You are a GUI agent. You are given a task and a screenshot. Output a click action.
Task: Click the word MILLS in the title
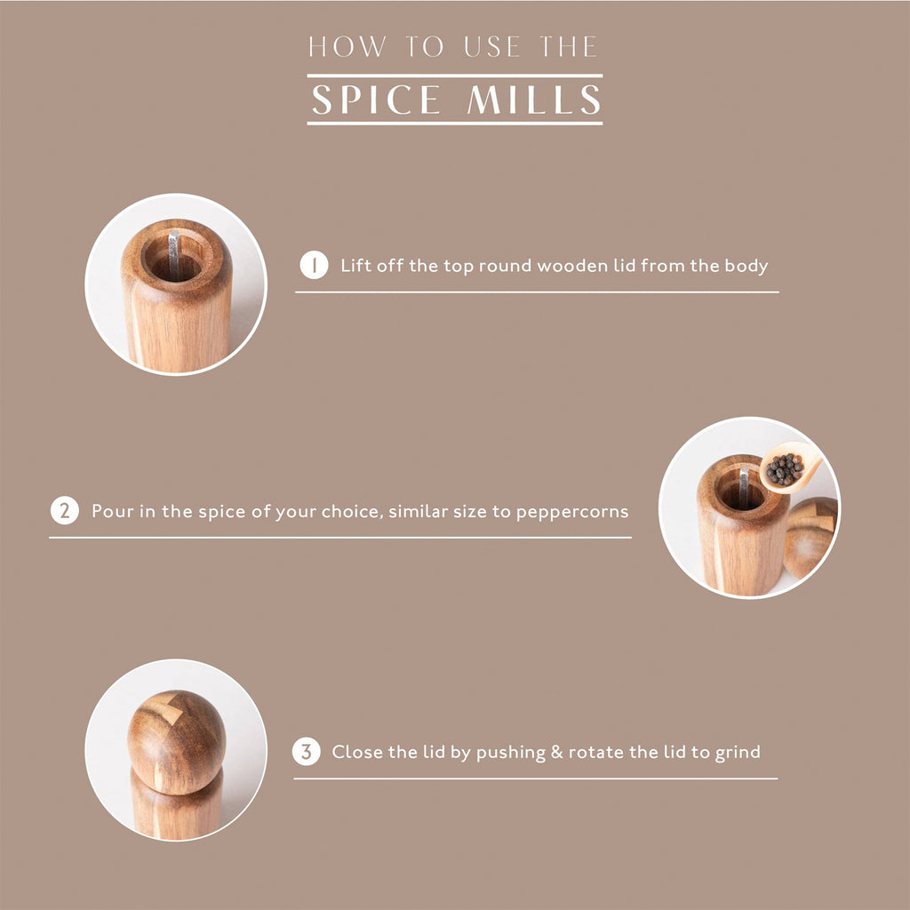(534, 100)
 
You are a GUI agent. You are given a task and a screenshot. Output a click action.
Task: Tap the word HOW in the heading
(347, 47)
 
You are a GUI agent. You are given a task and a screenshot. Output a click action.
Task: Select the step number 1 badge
(314, 265)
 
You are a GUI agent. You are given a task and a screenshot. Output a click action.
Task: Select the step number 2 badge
(64, 511)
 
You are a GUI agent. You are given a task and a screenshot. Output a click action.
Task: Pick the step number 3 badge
(307, 752)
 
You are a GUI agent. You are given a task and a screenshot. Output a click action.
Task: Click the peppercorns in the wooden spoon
(784, 469)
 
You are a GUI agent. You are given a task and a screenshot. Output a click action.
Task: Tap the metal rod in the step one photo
(173, 254)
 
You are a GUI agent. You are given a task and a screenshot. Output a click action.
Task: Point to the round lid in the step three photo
(177, 742)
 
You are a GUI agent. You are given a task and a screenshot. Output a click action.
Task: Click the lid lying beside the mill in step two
(810, 538)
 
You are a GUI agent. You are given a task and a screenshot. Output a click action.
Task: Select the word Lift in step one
(355, 266)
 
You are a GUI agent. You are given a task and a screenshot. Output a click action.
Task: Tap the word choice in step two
(355, 511)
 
